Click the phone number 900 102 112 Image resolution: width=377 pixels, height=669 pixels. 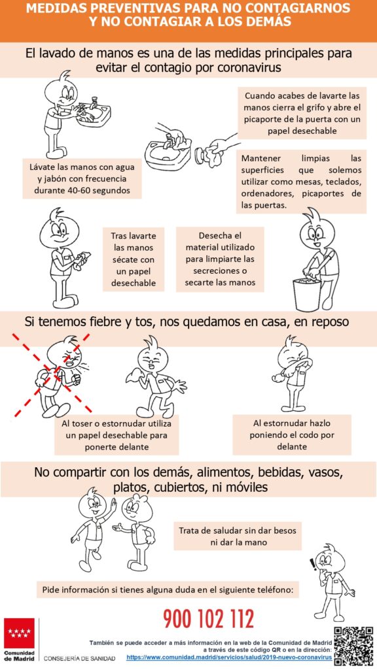tap(209, 619)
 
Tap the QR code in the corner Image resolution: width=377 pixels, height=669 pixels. tap(353, 646)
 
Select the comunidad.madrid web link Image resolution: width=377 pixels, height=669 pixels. tap(229, 658)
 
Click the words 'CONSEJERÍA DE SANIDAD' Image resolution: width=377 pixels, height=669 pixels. tap(79, 658)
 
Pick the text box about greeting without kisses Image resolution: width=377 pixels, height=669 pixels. tap(237, 536)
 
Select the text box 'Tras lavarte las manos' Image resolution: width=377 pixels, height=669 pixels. tap(134, 259)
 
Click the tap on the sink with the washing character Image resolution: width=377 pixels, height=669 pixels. tap(94, 102)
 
